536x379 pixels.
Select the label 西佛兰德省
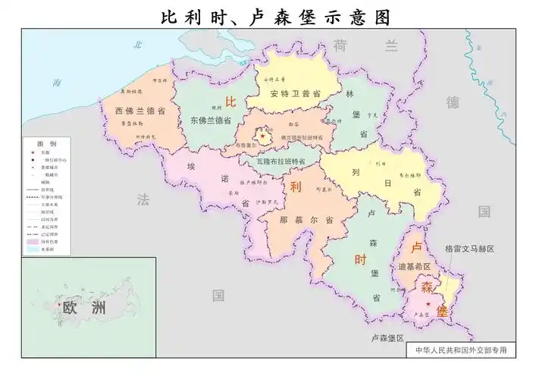pyautogui.click(x=140, y=111)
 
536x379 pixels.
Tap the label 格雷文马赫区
pyautogui.click(x=469, y=249)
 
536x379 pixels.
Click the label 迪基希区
pyautogui.click(x=414, y=267)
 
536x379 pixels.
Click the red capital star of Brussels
pyautogui.click(x=263, y=136)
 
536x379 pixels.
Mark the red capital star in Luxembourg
pyautogui.click(x=429, y=305)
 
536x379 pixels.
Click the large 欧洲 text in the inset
pyautogui.click(x=81, y=308)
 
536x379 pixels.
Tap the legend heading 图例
pyautogui.click(x=47, y=143)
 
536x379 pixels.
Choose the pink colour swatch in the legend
pyautogui.click(x=33, y=242)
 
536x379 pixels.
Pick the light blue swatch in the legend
pyautogui.click(x=33, y=249)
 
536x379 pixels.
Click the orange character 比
pyautogui.click(x=231, y=102)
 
